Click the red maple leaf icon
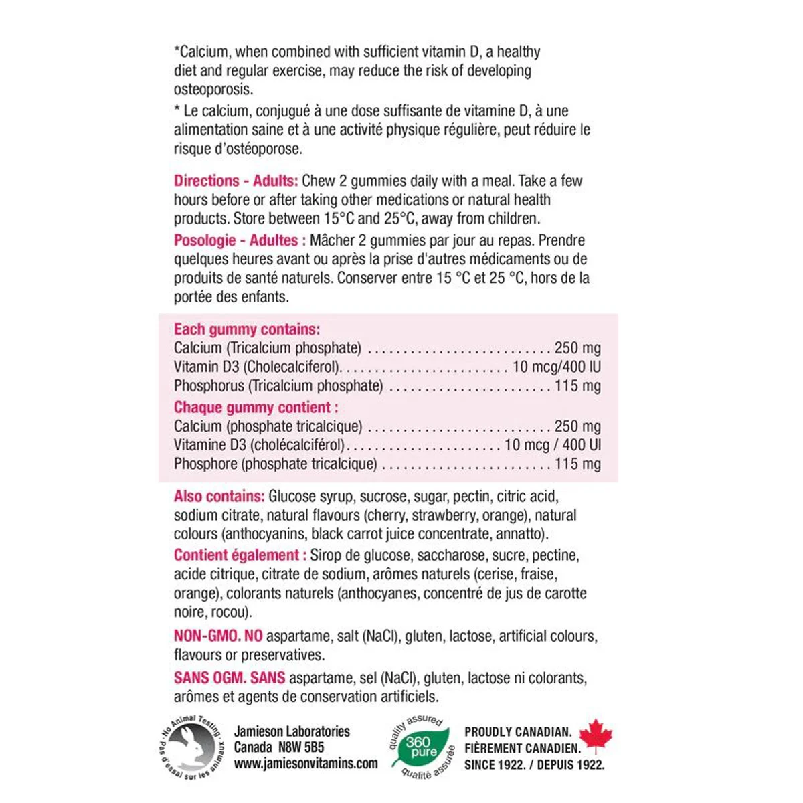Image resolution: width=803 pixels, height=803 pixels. (596, 738)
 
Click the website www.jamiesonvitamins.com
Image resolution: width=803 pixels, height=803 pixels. (306, 764)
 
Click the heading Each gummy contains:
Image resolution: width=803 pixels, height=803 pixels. (247, 329)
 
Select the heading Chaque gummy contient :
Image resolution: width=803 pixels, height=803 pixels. (256, 408)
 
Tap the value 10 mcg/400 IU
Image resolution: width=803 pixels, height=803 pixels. (556, 367)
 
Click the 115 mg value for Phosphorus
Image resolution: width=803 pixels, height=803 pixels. (577, 386)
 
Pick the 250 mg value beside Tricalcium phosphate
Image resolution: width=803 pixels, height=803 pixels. (577, 348)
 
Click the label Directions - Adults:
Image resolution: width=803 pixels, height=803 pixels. (236, 181)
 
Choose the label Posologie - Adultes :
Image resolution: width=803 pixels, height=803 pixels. (240, 240)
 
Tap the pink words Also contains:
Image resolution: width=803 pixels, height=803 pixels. (219, 497)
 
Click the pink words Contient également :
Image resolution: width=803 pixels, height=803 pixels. (240, 555)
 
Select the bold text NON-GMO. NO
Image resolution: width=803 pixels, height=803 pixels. (218, 636)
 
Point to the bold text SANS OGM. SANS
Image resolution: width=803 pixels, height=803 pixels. (230, 678)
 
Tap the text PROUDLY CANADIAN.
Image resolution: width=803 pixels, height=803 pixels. (518, 733)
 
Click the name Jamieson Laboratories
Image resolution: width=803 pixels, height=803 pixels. (292, 732)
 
